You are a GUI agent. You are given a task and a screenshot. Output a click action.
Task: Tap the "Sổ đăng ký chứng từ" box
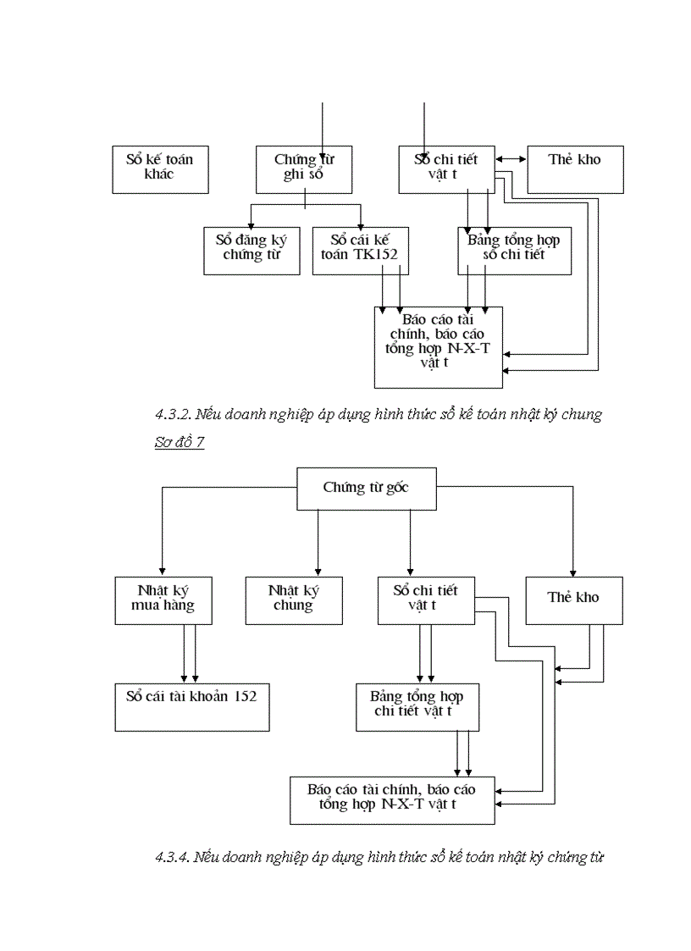pos(252,250)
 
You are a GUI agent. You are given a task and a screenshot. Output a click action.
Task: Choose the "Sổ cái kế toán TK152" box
pos(361,250)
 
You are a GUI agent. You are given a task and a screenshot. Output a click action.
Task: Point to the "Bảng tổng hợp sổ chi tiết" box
pos(514,250)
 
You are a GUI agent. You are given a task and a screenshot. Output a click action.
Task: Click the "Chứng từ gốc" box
pos(366,489)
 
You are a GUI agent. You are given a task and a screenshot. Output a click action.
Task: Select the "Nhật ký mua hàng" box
pos(163,600)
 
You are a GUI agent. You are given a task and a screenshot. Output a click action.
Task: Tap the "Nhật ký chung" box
pos(293,600)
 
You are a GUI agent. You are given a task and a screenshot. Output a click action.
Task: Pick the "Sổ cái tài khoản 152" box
pos(192,707)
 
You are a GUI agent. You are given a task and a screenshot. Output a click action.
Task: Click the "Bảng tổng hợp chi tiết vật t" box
pos(417,707)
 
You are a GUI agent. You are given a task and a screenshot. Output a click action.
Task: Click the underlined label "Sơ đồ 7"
pos(180,442)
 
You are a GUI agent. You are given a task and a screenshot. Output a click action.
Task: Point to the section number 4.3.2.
pos(172,415)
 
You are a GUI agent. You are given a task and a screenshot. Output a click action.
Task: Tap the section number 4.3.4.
pos(172,857)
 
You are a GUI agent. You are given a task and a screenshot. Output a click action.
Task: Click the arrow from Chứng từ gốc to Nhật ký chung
pos(318,542)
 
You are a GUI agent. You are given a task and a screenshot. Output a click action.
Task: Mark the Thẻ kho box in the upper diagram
pos(575,169)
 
